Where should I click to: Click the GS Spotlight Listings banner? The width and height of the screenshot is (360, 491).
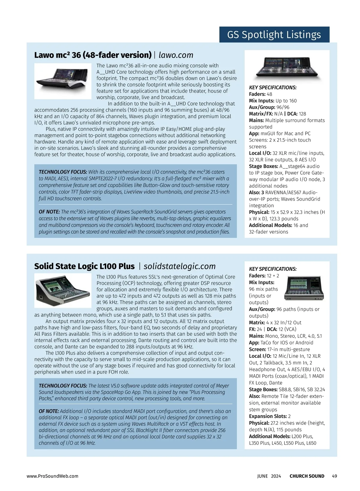click(274, 35)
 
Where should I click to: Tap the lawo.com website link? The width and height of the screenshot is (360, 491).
click(176, 55)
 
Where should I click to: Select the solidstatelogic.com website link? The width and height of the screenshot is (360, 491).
click(179, 266)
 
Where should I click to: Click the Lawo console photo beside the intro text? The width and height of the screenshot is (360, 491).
click(63, 81)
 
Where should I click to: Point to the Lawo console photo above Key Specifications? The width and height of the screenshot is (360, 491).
click(287, 67)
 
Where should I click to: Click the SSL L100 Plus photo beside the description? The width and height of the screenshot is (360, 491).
click(63, 290)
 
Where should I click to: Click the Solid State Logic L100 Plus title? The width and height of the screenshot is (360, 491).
click(84, 266)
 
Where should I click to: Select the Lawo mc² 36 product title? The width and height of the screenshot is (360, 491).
click(93, 55)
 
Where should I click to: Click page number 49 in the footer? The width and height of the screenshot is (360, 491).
click(334, 476)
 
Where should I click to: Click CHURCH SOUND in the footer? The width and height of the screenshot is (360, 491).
click(307, 476)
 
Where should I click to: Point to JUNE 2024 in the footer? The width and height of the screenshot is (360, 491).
click(269, 476)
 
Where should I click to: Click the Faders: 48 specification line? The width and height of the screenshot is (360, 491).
click(261, 94)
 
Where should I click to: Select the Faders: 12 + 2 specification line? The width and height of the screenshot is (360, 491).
click(264, 276)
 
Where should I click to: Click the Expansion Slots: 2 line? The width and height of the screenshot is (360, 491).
click(270, 416)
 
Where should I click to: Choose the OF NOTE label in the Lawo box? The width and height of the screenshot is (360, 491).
click(49, 212)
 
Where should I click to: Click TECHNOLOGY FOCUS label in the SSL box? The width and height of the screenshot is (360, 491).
click(63, 386)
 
